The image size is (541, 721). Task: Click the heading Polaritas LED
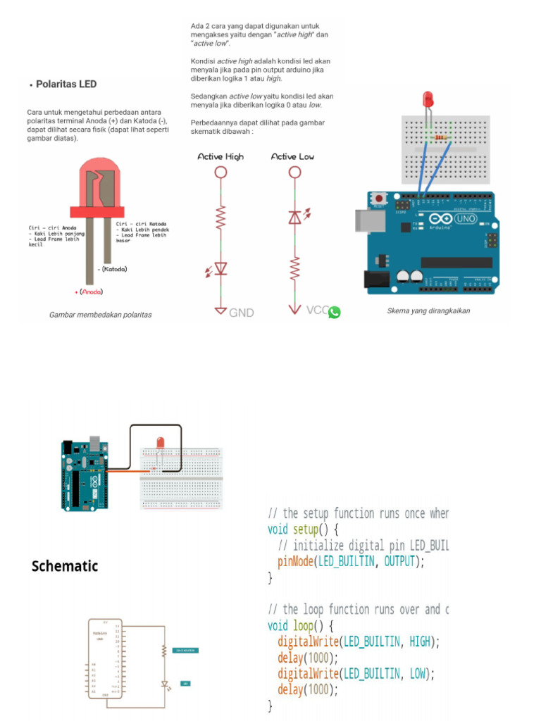pos(66,84)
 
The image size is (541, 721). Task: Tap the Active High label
pos(220,156)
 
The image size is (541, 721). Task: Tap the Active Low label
pos(292,156)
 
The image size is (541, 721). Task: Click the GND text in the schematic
pos(241,313)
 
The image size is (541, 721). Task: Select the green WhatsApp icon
pos(334,312)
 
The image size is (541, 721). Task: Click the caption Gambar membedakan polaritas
pos(100,315)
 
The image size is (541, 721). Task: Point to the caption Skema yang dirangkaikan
pos(428,311)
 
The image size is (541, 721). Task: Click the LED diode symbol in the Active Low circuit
pos(295,218)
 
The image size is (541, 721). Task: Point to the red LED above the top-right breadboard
pos(428,99)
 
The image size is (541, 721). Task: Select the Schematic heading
pos(65,566)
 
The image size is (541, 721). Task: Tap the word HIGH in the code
pos(421,641)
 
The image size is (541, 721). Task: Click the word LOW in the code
pos(418,674)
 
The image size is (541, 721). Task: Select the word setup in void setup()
pos(306,529)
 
